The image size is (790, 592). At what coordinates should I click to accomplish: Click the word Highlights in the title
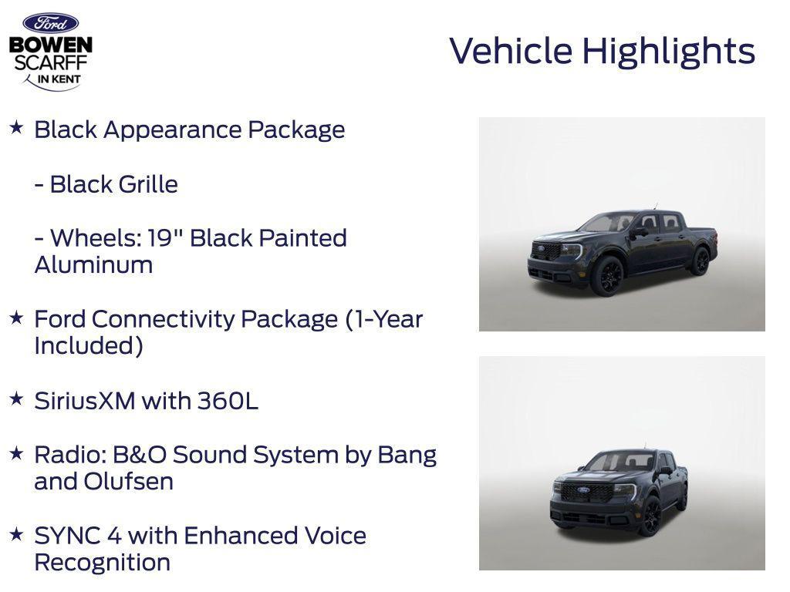pyautogui.click(x=668, y=52)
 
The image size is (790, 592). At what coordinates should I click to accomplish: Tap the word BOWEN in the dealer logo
pyautogui.click(x=50, y=45)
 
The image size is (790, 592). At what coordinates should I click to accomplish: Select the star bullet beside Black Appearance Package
pyautogui.click(x=16, y=127)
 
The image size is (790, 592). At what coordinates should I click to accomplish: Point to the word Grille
pyautogui.click(x=147, y=184)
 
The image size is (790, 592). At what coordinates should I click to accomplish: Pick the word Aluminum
pyautogui.click(x=93, y=264)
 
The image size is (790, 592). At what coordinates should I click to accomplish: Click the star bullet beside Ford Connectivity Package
pyautogui.click(x=16, y=317)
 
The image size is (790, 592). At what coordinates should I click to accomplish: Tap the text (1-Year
pyautogui.click(x=384, y=318)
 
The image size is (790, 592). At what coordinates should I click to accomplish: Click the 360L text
pyautogui.click(x=228, y=401)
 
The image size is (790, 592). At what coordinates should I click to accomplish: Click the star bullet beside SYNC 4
pyautogui.click(x=16, y=533)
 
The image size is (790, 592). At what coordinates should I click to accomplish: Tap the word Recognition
pyautogui.click(x=102, y=562)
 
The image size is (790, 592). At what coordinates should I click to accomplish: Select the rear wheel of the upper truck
pyautogui.click(x=700, y=261)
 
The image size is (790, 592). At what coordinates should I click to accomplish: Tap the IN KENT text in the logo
pyautogui.click(x=59, y=79)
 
